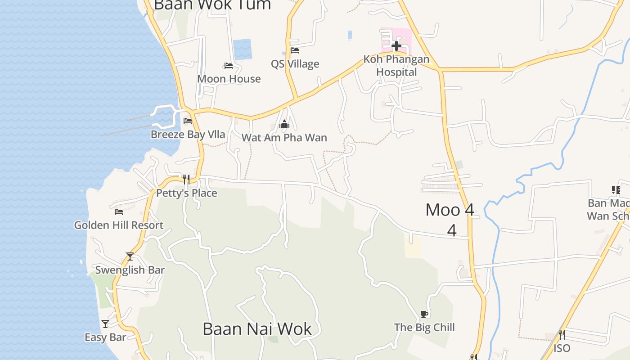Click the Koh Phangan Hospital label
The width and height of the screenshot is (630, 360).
pyautogui.click(x=396, y=66)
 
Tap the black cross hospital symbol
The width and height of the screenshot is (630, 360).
pyautogui.click(x=396, y=45)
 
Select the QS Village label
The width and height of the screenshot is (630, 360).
pyautogui.click(x=295, y=64)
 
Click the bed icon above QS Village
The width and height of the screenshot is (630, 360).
pyautogui.click(x=295, y=50)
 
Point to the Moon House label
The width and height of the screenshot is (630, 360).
pyautogui.click(x=229, y=79)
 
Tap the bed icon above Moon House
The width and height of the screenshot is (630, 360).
pyautogui.click(x=229, y=66)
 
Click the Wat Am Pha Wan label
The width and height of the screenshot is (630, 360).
pyautogui.click(x=284, y=138)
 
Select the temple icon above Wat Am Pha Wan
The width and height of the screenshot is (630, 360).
pyautogui.click(x=284, y=124)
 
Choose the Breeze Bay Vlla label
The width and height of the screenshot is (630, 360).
pyautogui.click(x=188, y=135)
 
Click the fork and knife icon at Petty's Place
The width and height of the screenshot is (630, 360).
pyautogui.click(x=186, y=180)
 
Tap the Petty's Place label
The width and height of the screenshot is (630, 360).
pyautogui.click(x=187, y=193)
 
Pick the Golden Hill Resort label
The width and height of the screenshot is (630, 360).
pyautogui.click(x=119, y=225)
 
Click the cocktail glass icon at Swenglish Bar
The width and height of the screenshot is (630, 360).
pyautogui.click(x=130, y=256)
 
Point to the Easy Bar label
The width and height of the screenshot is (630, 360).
pyautogui.click(x=105, y=337)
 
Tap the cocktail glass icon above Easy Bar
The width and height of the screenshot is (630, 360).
pyautogui.click(x=105, y=324)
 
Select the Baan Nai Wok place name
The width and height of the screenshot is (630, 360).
pyautogui.click(x=257, y=329)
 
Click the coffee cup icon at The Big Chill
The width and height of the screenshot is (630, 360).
pyautogui.click(x=424, y=314)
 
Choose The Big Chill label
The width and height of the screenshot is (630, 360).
pyautogui.click(x=424, y=328)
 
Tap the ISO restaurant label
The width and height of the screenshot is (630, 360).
pyautogui.click(x=562, y=348)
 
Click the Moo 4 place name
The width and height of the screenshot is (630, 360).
pyautogui.click(x=450, y=210)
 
